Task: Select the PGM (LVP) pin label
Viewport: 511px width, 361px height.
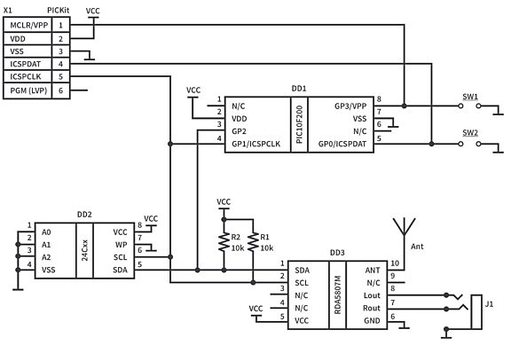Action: pos(28,90)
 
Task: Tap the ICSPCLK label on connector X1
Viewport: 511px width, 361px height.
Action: pos(25,77)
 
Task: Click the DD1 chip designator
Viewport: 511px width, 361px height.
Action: pos(298,89)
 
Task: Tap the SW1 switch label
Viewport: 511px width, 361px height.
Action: pos(470,96)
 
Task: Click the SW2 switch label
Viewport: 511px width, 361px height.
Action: pos(470,133)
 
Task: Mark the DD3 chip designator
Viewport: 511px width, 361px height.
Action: pos(336,253)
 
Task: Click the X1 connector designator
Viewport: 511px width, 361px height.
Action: pos(9,8)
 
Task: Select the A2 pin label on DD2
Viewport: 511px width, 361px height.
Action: pos(46,256)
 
